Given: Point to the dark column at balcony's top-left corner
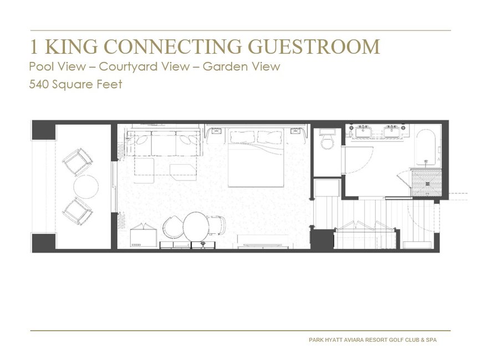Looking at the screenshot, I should (44, 131).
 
